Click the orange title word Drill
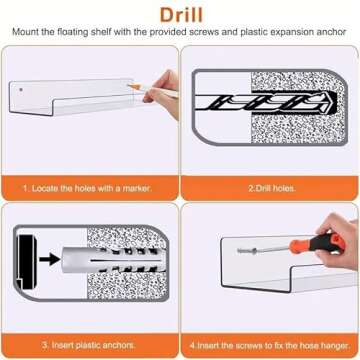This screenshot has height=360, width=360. [181, 15]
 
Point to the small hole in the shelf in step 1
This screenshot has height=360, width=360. [21, 90]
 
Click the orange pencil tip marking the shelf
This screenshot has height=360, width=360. [130, 86]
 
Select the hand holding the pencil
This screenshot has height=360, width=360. [163, 93]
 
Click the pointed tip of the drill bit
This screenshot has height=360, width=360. [336, 102]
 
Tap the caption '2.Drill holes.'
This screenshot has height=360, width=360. [272, 188]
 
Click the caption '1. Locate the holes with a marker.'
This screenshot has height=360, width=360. [87, 188]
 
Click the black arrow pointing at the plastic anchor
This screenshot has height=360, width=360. [49, 260]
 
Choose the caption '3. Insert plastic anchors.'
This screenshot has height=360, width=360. [89, 345]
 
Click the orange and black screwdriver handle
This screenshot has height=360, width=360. [317, 243]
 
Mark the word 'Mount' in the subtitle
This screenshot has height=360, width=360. [24, 33]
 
